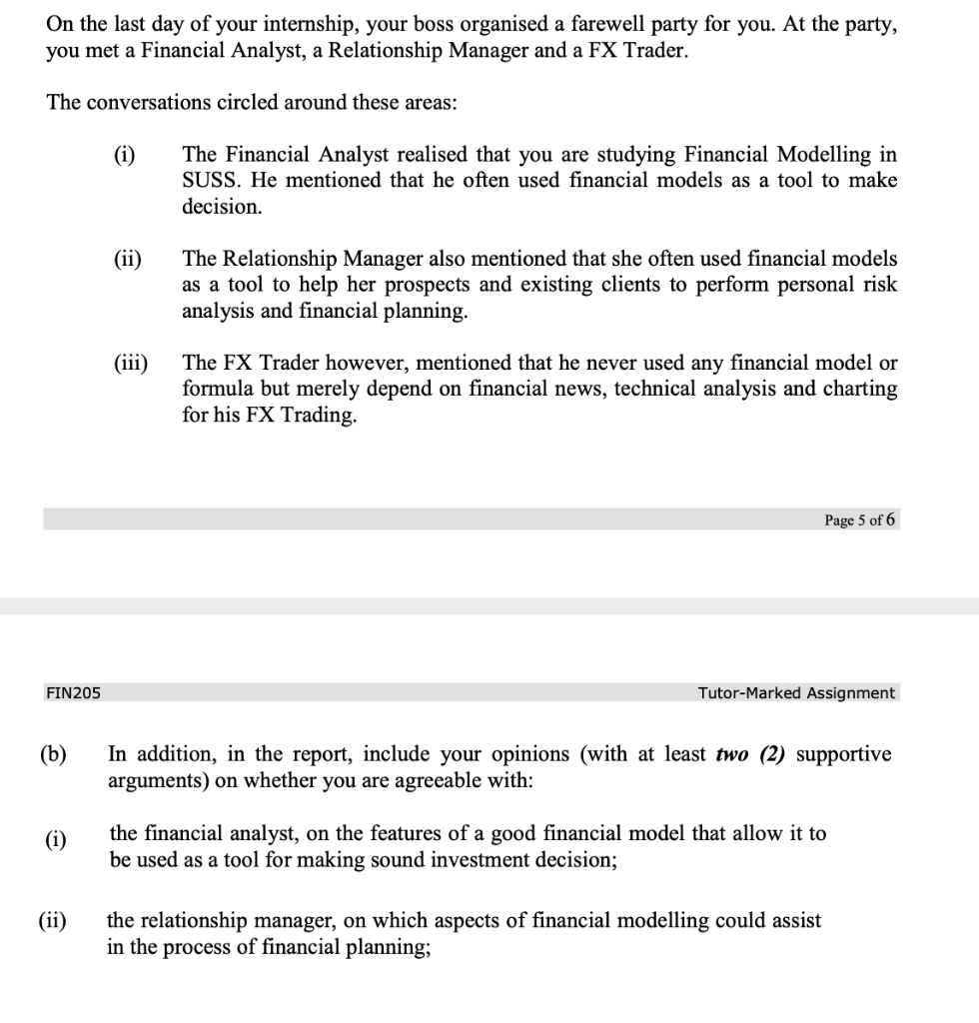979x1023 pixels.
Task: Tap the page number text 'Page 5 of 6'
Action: point(860,519)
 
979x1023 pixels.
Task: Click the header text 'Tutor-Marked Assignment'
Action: point(796,692)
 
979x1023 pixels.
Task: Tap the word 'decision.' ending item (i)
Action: point(222,207)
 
